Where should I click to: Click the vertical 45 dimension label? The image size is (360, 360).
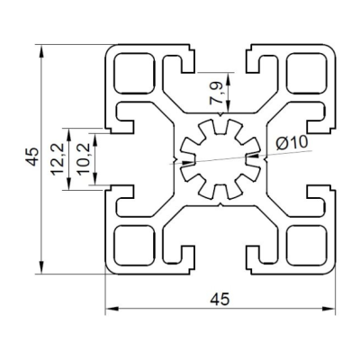(32, 157)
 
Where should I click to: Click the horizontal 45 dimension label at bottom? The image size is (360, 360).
(220, 299)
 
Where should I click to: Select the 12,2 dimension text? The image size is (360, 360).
(58, 159)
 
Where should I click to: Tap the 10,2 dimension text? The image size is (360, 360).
(83, 159)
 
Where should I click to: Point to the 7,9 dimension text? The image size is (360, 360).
(217, 94)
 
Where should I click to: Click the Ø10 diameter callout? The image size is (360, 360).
(292, 142)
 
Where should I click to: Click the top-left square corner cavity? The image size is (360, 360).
(134, 73)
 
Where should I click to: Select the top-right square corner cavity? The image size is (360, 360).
(306, 73)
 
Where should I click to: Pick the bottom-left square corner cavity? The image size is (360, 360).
(134, 246)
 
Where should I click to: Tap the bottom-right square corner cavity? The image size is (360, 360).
(306, 246)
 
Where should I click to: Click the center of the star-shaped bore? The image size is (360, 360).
(220, 159)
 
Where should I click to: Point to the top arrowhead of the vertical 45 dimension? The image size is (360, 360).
(41, 51)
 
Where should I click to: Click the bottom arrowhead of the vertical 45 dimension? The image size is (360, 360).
(41, 267)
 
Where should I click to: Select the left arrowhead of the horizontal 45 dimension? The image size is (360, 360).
(112, 309)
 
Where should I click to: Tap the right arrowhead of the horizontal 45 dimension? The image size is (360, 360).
(328, 309)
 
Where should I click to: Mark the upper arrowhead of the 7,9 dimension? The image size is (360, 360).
(229, 78)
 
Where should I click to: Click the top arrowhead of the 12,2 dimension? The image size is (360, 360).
(69, 135)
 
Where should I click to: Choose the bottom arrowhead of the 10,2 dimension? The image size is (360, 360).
(95, 179)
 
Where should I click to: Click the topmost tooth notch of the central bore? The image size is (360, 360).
(220, 127)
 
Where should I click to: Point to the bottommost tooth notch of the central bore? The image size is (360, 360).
(220, 192)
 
